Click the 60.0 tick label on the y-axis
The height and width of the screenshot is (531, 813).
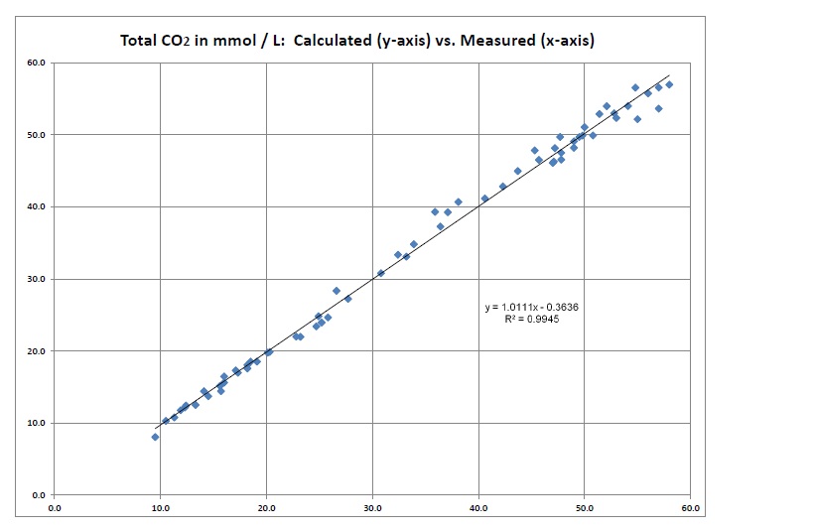pos(38,63)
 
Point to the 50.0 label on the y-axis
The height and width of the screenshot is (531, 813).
pos(38,135)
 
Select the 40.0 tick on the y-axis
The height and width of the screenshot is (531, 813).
pos(38,206)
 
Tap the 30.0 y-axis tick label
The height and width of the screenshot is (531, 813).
pos(38,279)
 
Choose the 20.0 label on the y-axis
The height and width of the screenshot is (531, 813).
pos(38,351)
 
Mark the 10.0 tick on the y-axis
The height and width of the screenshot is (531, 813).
pos(38,423)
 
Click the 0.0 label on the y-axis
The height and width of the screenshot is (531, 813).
pos(40,495)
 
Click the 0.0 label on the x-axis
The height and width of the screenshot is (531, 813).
pos(55,507)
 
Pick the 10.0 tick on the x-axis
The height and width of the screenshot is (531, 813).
pos(161,507)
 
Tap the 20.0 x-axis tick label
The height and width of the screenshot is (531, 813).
pos(266,507)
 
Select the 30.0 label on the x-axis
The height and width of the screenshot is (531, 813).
pos(372,507)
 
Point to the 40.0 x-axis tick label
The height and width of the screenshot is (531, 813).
pos(478,507)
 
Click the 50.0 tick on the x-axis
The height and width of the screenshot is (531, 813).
pos(584,507)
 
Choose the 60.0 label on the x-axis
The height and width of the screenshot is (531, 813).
pos(690,507)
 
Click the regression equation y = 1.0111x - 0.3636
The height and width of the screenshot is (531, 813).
pos(531,308)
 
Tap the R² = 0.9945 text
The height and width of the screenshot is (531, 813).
pos(531,320)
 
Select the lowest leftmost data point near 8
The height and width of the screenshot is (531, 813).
pos(155,437)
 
